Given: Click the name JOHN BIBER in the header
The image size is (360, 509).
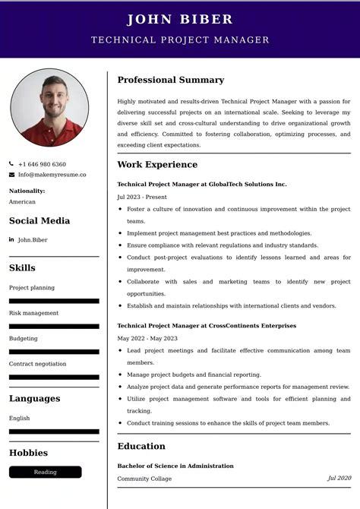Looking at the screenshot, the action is pyautogui.click(x=180, y=20).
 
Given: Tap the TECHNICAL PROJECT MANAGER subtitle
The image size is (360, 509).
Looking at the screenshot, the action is pyautogui.click(x=180, y=40).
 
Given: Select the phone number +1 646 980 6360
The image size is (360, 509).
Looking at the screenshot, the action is pyautogui.click(x=42, y=164).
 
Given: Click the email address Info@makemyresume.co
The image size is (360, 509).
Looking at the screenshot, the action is pyautogui.click(x=52, y=175).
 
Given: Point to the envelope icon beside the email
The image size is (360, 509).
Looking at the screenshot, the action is pyautogui.click(x=12, y=175).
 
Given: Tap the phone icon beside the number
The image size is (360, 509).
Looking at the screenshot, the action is pyautogui.click(x=12, y=164).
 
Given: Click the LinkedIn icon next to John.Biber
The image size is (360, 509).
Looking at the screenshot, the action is pyautogui.click(x=12, y=240).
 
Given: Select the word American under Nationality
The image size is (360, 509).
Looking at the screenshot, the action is pyautogui.click(x=22, y=202).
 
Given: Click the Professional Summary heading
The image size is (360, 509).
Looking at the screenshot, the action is pyautogui.click(x=170, y=80).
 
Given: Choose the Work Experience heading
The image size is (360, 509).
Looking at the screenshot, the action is pyautogui.click(x=157, y=165).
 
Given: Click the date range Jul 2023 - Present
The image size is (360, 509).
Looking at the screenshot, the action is pyautogui.click(x=142, y=197).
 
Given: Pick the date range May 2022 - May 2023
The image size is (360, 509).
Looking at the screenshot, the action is pyautogui.click(x=147, y=338).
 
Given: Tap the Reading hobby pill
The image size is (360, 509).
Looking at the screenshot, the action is pyautogui.click(x=45, y=472).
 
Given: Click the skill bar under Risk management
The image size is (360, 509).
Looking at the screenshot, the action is pyautogui.click(x=54, y=326).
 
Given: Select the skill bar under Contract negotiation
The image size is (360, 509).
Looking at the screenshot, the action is pyautogui.click(x=54, y=377).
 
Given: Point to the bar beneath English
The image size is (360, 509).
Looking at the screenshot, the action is pyautogui.click(x=54, y=432).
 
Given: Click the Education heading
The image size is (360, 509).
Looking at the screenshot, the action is pyautogui.click(x=141, y=447).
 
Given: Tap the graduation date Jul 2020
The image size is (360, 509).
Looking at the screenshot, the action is pyautogui.click(x=339, y=479).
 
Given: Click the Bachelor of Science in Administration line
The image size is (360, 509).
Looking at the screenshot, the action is pyautogui.click(x=175, y=466).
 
